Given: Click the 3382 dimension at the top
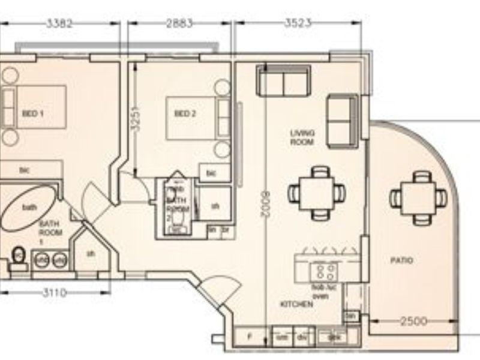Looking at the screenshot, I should pyautogui.click(x=59, y=24).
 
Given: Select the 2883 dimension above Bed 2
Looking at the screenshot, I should pyautogui.click(x=179, y=24).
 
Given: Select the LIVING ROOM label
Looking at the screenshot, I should pyautogui.click(x=302, y=137).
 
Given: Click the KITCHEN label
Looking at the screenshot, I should pyautogui.click(x=296, y=305).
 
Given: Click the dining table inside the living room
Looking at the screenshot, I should pyautogui.click(x=317, y=193).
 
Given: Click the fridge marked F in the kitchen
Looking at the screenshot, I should pyautogui.click(x=250, y=337).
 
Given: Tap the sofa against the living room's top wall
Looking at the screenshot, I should pyautogui.click(x=283, y=80).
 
